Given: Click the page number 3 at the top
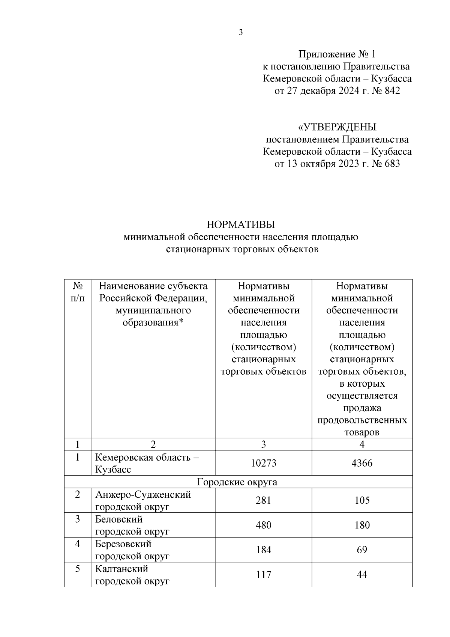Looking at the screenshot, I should pos(241,32).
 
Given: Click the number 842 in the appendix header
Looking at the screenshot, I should pos(391,91).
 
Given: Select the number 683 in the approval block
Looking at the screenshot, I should pos(391,164).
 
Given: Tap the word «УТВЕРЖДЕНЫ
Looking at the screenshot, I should pos(337,127).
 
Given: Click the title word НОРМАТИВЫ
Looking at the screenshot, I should pos(241,224).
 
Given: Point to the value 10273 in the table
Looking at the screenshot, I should pos(263,463).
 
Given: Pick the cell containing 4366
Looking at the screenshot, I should pos(362,463).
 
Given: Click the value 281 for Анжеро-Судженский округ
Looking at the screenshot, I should pos(263,500).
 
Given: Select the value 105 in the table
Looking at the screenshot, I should pos(362,500).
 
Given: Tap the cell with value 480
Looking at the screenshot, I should pos(263,525).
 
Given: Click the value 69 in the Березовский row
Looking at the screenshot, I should pos(362,550).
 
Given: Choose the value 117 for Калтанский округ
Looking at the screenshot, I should pos(263,575).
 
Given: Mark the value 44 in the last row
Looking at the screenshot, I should pos(362,575).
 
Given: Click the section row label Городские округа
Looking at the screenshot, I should pos(237,482).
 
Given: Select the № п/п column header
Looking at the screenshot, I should pos(77,292).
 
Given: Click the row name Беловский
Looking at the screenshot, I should pos(119,520).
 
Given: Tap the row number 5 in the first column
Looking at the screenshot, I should pos(77,569).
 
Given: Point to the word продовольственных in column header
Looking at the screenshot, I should pos(362,420).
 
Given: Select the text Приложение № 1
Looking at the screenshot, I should pos(336,54).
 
